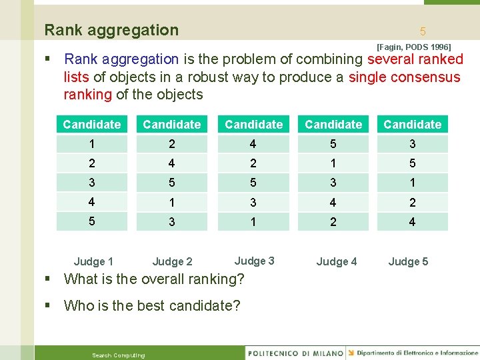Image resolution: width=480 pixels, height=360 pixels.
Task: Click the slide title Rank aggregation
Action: (111, 30)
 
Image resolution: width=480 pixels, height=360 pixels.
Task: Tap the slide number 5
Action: (423, 31)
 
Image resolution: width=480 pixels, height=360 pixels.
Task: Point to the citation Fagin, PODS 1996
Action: (413, 47)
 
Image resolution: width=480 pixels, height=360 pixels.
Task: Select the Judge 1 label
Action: (93, 261)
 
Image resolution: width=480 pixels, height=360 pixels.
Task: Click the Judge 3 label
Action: (254, 261)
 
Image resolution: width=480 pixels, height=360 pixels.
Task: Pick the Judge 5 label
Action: (408, 261)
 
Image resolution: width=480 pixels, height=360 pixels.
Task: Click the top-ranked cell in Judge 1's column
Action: (92, 144)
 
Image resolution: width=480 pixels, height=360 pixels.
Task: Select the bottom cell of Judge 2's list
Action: (172, 222)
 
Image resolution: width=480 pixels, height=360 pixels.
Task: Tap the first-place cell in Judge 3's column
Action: (253, 144)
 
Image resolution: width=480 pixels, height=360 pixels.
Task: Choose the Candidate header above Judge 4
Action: (333, 125)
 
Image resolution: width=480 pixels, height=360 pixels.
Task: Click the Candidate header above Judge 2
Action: (172, 125)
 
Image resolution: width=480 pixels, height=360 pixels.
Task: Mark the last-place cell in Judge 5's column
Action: (412, 222)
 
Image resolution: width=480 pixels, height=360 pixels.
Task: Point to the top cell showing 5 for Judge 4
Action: (333, 144)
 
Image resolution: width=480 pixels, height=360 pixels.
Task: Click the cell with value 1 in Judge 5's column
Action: (412, 183)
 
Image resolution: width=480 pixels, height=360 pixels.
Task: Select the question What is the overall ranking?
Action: (154, 279)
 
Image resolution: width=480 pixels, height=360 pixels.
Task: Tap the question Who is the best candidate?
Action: (151, 306)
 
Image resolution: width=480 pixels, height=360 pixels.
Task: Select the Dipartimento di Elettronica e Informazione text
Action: (417, 353)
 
